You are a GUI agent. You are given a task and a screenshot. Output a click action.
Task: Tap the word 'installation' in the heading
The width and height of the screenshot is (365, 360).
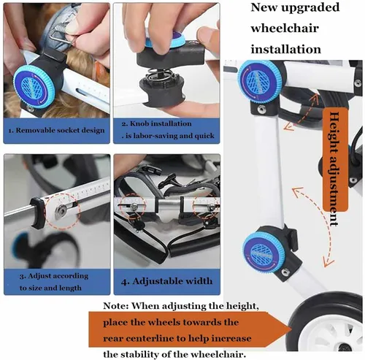coord(285,50)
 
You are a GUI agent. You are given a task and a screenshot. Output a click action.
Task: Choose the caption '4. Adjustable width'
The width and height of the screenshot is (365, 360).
coord(166,280)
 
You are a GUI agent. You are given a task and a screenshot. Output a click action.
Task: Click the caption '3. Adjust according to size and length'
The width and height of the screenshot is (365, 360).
coord(55,281)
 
